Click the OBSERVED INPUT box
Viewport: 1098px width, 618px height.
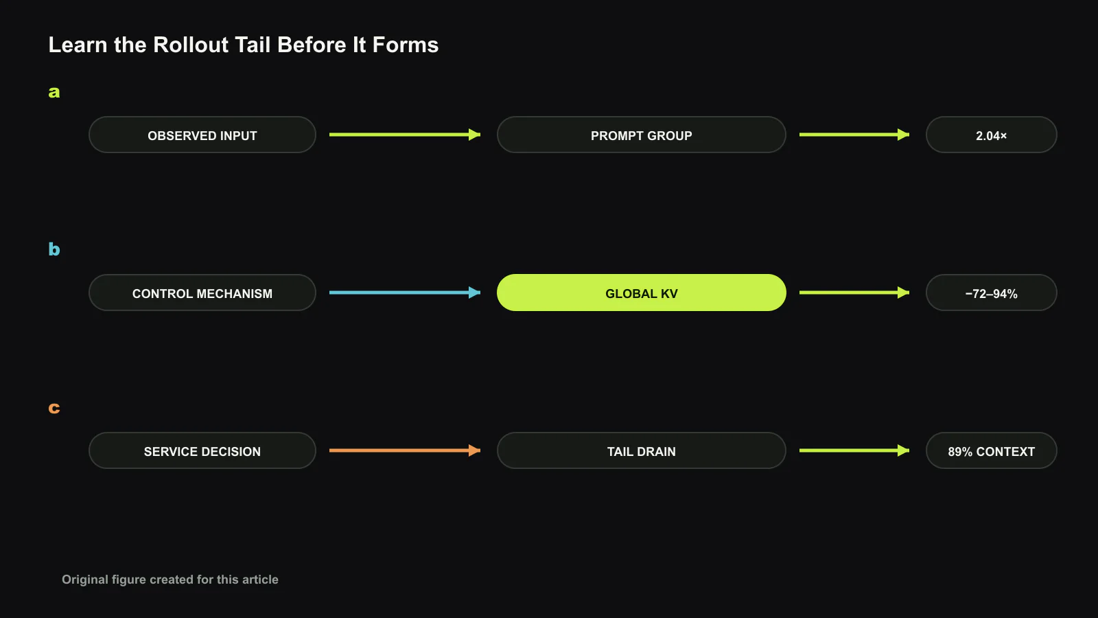[x=202, y=135]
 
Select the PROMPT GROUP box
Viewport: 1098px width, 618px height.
[x=641, y=135]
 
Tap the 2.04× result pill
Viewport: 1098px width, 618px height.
[x=991, y=135]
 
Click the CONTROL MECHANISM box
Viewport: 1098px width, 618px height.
[x=202, y=293]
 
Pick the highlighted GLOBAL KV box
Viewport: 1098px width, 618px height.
[x=641, y=293]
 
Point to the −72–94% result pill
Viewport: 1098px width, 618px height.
[x=991, y=293]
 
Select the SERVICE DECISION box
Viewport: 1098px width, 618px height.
[x=202, y=450]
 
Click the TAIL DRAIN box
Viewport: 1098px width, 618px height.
[x=641, y=450]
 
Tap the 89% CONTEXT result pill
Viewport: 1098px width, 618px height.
[x=991, y=450]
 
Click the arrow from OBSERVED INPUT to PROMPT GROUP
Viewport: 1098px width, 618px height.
[x=405, y=135]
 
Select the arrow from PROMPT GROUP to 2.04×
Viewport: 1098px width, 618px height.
[x=854, y=135]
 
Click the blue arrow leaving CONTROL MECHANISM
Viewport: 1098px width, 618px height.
[x=405, y=293]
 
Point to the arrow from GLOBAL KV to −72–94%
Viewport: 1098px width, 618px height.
[x=854, y=293]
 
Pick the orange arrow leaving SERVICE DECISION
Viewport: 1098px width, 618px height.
[x=405, y=450]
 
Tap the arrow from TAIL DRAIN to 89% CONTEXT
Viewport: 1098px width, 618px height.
[x=854, y=450]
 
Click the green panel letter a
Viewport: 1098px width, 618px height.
[x=54, y=92]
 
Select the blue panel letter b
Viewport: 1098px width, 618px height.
[x=54, y=249]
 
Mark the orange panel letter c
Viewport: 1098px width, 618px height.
[x=54, y=408]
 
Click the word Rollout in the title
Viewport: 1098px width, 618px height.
[x=191, y=45]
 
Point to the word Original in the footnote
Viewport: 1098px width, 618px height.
[x=85, y=580]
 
